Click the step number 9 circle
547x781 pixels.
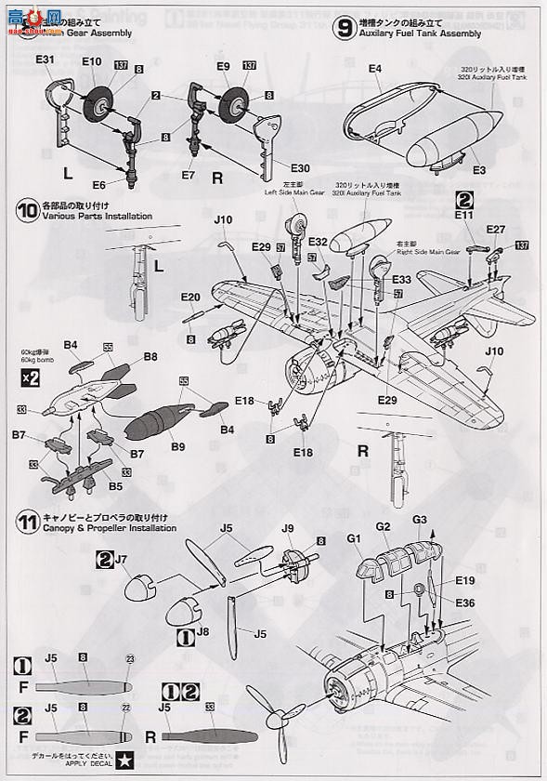(345, 27)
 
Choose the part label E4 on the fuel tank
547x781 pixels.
(375, 69)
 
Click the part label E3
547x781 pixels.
(478, 170)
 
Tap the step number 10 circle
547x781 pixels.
(25, 210)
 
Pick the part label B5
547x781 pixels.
(116, 484)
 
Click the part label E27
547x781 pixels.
(495, 230)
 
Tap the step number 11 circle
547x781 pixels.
(25, 522)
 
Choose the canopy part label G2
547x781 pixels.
(385, 526)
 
